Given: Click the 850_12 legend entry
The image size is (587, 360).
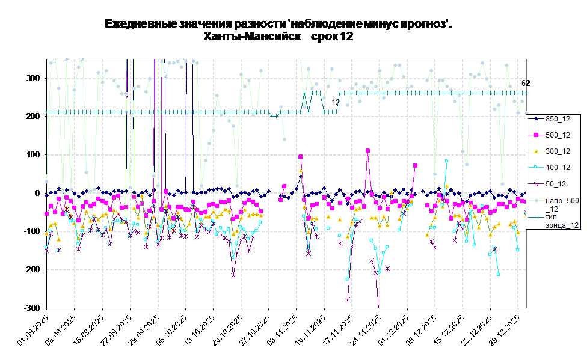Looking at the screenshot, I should pos(553,119).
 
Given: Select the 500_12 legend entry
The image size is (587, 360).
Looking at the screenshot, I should pos(553,135).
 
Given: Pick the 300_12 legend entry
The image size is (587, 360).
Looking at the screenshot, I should pos(553,151).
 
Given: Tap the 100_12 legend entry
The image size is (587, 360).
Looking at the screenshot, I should pos(553,168).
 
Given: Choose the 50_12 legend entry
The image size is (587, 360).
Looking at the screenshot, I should pos(553,184).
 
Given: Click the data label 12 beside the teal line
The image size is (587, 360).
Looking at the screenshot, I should pos(336,103).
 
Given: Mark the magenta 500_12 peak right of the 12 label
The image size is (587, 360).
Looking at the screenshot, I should pos(367,150).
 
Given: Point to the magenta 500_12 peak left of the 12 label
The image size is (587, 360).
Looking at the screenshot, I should pos(300,157).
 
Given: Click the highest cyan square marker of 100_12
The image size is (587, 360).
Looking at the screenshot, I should pos(446,161).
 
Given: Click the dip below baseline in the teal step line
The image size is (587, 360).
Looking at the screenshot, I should pos(274,116).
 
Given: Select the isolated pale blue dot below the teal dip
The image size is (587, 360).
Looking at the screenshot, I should pos(284,139).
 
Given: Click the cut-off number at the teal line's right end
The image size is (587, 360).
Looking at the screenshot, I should pos(523,84).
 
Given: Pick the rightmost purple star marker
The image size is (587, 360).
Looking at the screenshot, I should pos(494,248).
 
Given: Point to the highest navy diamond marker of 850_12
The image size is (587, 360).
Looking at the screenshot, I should pos(300,177).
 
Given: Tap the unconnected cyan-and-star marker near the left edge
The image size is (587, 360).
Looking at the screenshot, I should pos(58,250).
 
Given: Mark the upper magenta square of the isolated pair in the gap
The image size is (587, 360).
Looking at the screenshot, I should pos(284,186).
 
